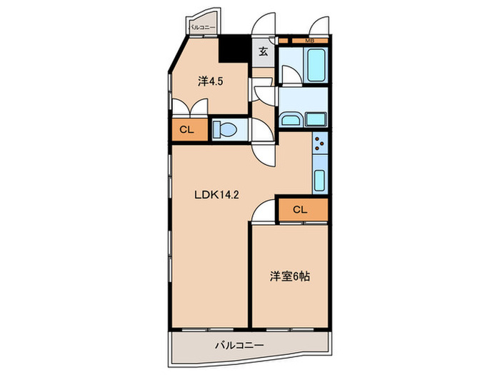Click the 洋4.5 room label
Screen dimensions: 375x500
(210, 82)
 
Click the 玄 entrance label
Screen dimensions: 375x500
(263, 51)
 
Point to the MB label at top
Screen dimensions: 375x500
(309, 41)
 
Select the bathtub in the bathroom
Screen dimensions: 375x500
(315, 66)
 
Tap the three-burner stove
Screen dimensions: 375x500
(320, 148)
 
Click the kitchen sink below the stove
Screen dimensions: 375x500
(320, 179)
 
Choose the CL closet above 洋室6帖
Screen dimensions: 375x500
(301, 209)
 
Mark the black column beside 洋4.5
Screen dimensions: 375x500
(231, 49)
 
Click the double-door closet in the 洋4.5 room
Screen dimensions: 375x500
(189, 107)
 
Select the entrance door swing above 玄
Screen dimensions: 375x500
(266, 26)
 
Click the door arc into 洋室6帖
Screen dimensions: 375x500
(263, 209)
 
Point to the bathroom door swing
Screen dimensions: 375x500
(290, 74)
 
